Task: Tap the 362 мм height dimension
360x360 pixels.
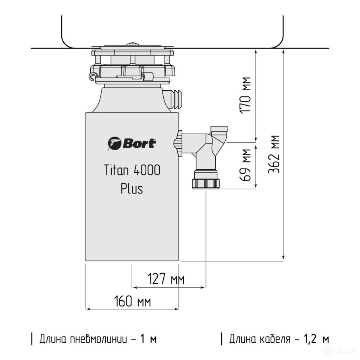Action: (x=275, y=154)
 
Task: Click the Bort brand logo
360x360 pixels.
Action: (x=131, y=143)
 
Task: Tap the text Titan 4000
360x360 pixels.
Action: (x=132, y=171)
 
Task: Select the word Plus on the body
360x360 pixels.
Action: (x=132, y=189)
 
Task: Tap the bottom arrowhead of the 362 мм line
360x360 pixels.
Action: (x=284, y=258)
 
